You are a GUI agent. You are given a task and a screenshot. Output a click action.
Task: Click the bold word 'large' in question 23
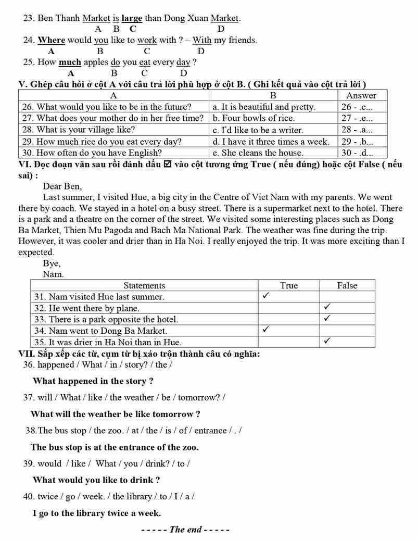(132, 18)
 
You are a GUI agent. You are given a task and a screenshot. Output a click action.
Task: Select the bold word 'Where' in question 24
(52, 40)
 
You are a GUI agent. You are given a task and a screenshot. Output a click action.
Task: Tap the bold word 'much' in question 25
(70, 62)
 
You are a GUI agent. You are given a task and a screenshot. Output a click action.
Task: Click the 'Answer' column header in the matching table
(361, 95)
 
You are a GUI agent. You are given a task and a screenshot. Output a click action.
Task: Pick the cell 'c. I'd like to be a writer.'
(258, 130)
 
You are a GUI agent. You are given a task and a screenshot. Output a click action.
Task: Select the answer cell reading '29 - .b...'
(357, 142)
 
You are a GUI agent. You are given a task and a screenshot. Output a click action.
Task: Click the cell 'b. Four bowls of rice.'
(254, 118)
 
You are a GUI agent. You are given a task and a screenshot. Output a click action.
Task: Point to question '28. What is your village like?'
(79, 130)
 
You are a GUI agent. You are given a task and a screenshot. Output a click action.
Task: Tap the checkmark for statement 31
(265, 296)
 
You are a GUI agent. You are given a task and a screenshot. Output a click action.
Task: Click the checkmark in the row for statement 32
(327, 307)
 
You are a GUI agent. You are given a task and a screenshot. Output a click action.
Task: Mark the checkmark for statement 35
(327, 341)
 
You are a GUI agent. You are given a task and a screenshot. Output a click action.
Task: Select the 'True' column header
(289, 285)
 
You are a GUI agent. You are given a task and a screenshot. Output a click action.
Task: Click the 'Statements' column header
(144, 285)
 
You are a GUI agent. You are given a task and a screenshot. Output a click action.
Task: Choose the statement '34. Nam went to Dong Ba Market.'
(100, 331)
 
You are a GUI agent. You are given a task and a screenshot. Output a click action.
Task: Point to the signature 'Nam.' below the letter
(53, 274)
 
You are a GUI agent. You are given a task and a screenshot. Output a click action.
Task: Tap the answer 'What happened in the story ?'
(93, 381)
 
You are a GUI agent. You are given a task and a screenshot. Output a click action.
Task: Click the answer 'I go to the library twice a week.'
(96, 513)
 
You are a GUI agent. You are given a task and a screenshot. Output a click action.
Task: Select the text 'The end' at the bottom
(185, 530)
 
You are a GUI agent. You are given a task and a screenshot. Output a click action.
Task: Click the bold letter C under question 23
(133, 29)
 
